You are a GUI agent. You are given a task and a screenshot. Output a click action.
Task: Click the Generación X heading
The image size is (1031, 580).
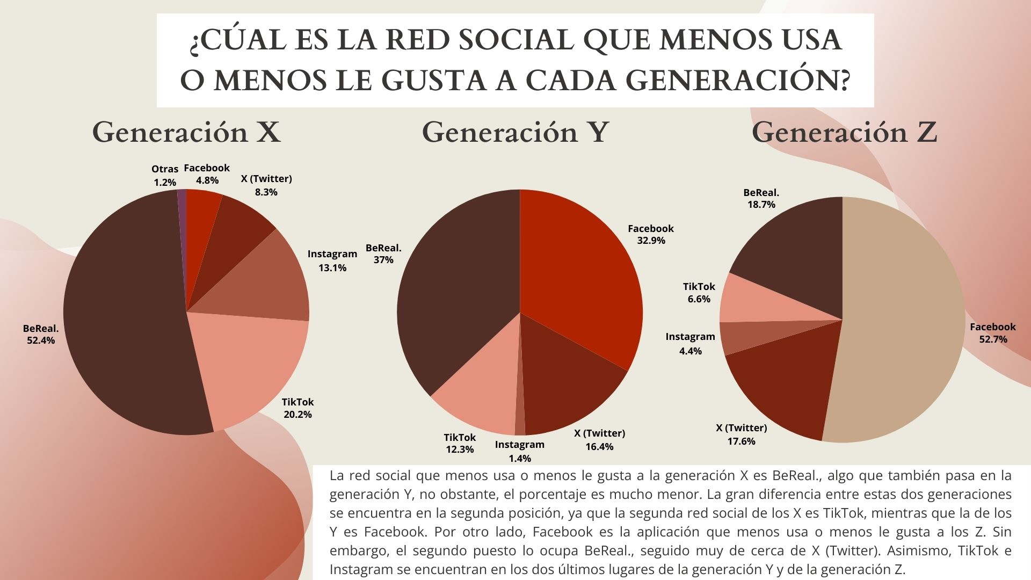click(186, 132)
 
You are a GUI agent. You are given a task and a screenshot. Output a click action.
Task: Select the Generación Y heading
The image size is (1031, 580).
click(515, 132)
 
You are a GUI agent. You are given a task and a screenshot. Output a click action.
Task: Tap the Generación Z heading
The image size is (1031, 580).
click(844, 132)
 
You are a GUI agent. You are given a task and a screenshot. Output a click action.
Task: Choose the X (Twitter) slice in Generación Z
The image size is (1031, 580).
click(779, 387)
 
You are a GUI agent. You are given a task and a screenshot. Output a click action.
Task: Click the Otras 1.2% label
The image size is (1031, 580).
click(165, 176)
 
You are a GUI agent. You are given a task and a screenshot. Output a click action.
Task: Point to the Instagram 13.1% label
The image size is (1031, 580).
click(332, 260)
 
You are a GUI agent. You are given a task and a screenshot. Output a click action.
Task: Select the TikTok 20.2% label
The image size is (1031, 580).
click(297, 408)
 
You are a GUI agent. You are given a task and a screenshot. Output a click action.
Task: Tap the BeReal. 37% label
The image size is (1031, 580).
click(383, 253)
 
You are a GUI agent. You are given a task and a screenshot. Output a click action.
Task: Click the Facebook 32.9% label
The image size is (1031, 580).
click(651, 234)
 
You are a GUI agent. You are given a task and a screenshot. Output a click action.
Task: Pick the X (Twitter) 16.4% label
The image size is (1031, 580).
click(599, 440)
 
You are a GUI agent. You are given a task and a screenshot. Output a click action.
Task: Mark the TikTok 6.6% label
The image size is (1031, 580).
click(699, 293)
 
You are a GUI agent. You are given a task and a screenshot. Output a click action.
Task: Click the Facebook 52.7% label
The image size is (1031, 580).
click(993, 333)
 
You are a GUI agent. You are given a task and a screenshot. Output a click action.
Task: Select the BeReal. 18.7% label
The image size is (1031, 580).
click(761, 198)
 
